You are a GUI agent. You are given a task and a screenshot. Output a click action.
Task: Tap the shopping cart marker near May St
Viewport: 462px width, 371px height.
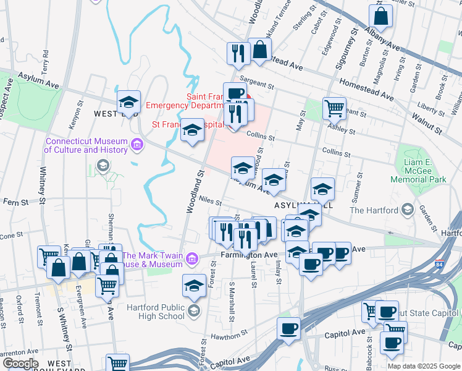[334, 108]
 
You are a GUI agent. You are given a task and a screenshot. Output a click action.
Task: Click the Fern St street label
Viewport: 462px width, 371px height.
[17, 202]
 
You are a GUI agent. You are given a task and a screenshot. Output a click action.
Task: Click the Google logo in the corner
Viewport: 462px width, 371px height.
[20, 364]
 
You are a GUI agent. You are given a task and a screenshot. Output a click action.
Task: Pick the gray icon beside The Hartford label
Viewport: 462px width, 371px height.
[407, 210]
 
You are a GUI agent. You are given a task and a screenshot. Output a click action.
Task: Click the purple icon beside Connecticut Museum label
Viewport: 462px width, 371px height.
[136, 145]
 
